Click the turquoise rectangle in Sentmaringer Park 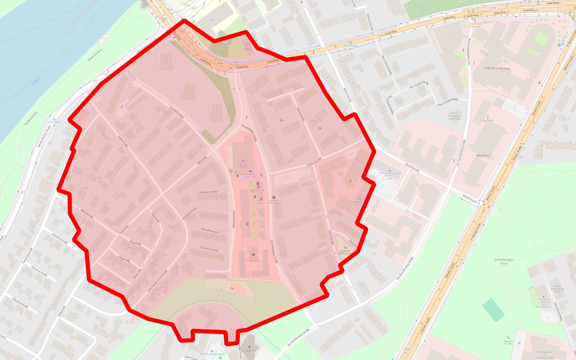[494, 310]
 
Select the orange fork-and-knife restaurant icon [350, 182]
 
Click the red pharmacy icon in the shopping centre [257, 184]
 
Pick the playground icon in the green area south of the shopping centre [232, 287]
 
